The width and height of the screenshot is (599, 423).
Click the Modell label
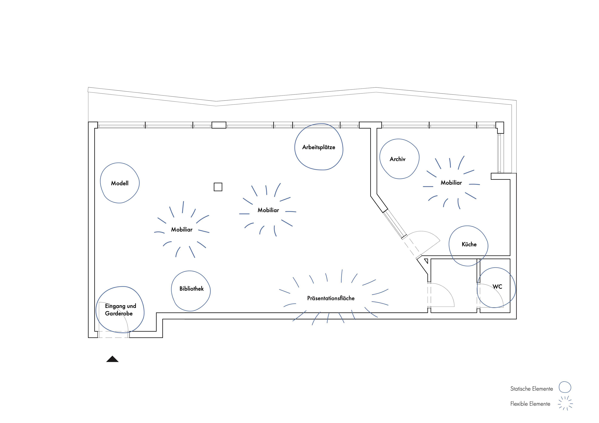coord(120,183)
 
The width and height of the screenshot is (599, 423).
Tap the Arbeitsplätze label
coord(319,147)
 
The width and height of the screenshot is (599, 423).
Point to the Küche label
coord(469,244)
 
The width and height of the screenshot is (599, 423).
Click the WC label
coord(497,287)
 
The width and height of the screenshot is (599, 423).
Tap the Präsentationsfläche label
coord(331,298)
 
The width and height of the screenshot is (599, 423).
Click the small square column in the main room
coord(218,187)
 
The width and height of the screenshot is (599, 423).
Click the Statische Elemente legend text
coord(531,389)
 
